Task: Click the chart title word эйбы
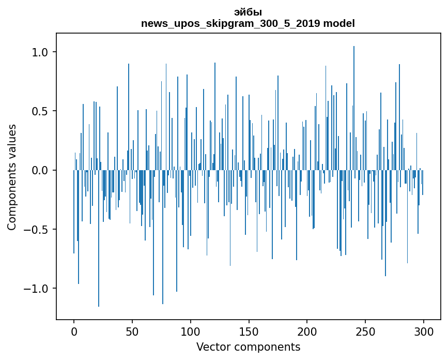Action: pos(248,12)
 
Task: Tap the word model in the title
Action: pos(339,23)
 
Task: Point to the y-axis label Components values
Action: pos(12,177)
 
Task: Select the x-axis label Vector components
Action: pos(248,347)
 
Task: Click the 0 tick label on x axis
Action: pos(74,332)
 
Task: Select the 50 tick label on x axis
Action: pos(132,332)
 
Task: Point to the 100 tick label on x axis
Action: pos(190,332)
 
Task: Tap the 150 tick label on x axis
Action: pos(249,332)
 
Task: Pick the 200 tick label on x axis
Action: pos(307,332)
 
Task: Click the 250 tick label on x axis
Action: pos(365,332)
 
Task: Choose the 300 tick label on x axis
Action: pos(423,332)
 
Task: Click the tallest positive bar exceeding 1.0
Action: pos(354,108)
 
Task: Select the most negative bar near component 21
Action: pos(99,238)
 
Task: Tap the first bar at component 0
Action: pos(74,212)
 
